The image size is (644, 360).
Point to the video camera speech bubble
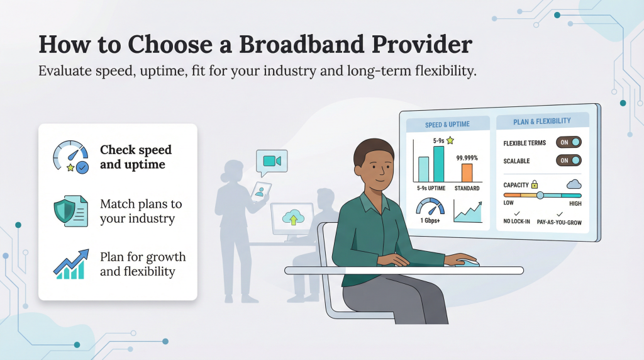(x=272, y=162)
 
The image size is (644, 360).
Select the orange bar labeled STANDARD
(x=467, y=172)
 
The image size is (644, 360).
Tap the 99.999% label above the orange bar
(x=467, y=157)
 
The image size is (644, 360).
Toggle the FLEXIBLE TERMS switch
(x=568, y=142)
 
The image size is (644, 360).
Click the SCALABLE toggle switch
(x=568, y=160)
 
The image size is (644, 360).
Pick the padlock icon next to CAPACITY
(x=535, y=184)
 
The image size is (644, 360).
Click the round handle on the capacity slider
(x=540, y=195)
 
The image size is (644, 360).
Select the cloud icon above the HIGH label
(x=574, y=184)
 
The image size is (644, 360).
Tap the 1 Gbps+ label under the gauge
(x=430, y=220)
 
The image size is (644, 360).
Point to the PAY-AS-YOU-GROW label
(x=560, y=222)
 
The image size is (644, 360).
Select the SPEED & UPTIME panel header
(x=447, y=124)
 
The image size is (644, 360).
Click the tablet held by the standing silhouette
(x=260, y=191)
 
